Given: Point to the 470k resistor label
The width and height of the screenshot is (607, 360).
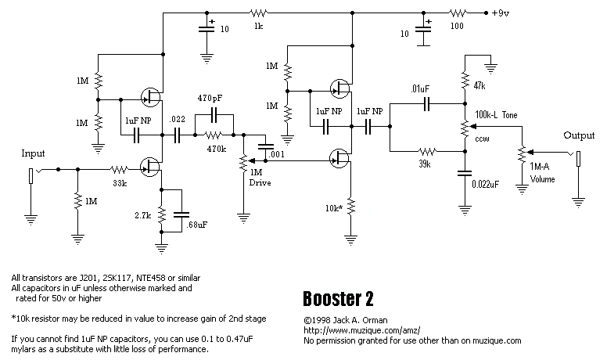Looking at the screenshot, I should [216, 148].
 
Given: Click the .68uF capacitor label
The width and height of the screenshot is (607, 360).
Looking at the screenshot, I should [198, 225].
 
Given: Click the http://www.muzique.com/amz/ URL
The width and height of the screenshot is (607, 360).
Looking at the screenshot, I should [352, 330].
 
